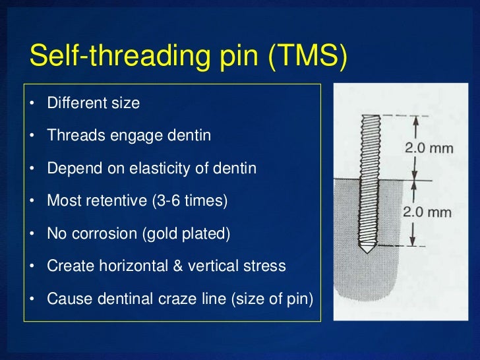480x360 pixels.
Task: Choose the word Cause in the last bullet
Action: [66, 298]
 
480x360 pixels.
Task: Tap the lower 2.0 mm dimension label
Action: [428, 212]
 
